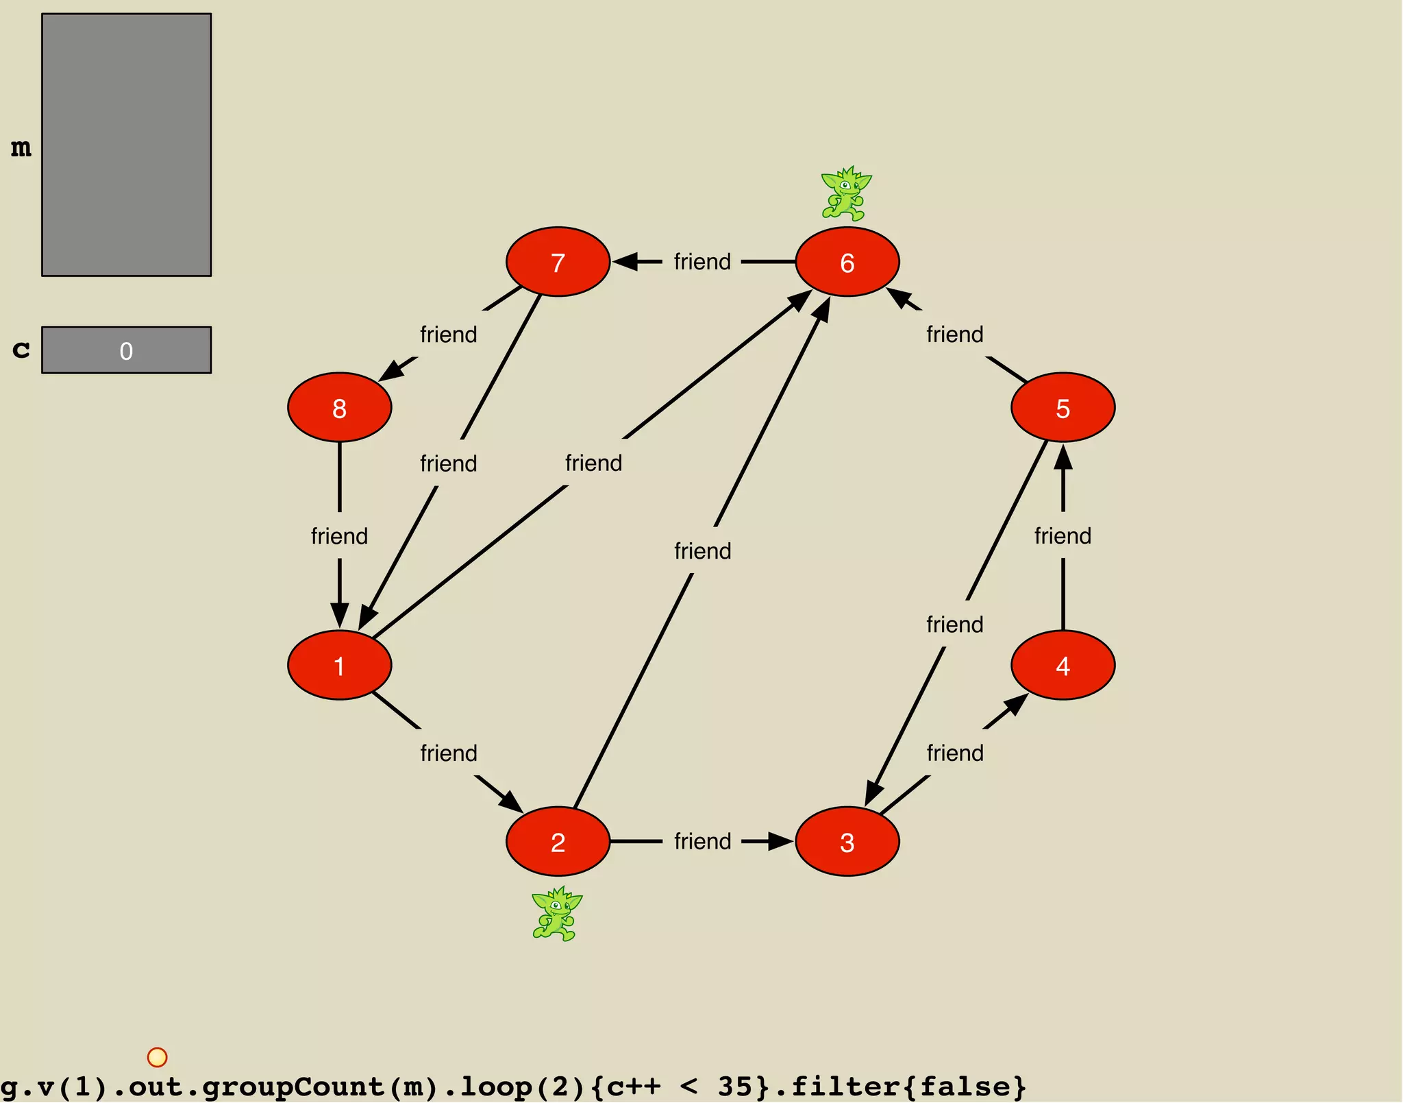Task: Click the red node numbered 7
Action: (x=558, y=262)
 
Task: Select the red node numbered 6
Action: (x=847, y=262)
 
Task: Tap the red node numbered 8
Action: (x=339, y=408)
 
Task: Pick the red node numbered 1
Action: (x=339, y=665)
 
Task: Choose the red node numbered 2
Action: (x=558, y=841)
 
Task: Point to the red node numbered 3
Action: (x=847, y=841)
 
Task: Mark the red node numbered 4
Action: (x=1063, y=665)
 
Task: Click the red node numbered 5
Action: (x=1063, y=408)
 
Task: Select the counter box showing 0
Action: (x=127, y=350)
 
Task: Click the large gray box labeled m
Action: (x=127, y=145)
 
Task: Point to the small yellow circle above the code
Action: (x=157, y=1056)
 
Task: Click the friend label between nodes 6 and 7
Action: (x=702, y=262)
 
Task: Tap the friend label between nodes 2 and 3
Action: (x=702, y=841)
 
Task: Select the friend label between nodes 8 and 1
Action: (x=339, y=536)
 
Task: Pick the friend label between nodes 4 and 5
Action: (x=1063, y=536)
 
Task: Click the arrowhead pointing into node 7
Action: (x=625, y=262)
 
